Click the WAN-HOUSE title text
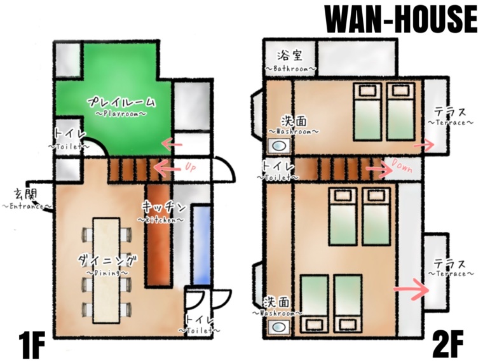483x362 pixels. tap(401, 20)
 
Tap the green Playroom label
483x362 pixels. tap(121, 107)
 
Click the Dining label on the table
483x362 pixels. tap(107, 265)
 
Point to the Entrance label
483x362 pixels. tap(27, 200)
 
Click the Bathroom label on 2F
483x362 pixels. tap(291, 62)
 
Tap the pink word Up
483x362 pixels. tap(191, 167)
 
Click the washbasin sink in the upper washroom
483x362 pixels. tap(279, 145)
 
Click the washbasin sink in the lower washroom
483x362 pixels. tap(279, 327)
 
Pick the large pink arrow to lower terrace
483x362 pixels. tap(412, 290)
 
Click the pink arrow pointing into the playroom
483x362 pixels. tap(172, 144)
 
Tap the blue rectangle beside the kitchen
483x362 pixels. tap(202, 245)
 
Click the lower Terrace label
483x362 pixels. tap(451, 268)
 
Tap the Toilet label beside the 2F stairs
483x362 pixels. tap(278, 171)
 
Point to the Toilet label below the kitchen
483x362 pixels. tap(200, 325)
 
